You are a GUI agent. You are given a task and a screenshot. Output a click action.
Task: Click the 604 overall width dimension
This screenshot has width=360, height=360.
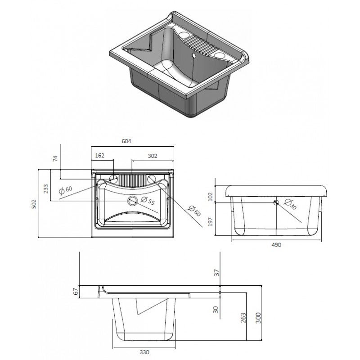(126, 141)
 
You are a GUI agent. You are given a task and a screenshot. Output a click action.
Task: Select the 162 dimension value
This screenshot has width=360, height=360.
(100, 155)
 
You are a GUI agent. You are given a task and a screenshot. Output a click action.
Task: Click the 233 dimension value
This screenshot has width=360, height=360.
(45, 188)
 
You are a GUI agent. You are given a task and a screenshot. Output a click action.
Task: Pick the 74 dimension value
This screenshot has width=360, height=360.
(55, 158)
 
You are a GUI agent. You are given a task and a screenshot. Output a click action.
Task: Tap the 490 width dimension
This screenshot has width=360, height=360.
(276, 245)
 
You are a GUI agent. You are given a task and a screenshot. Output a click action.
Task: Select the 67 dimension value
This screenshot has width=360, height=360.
(76, 292)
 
